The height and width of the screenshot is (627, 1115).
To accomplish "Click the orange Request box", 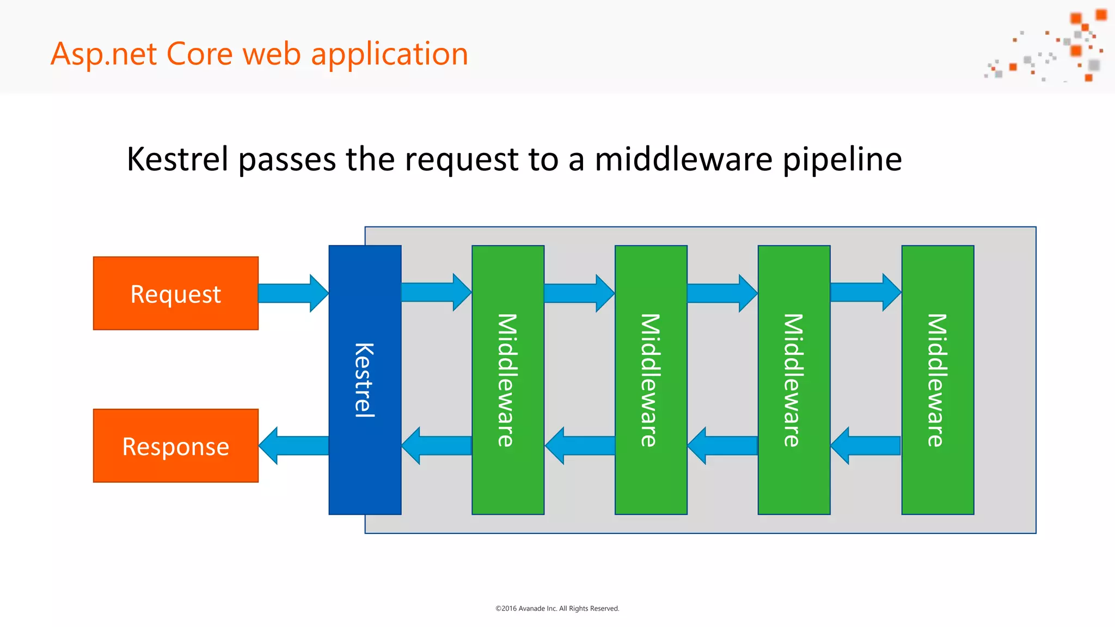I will tap(175, 293).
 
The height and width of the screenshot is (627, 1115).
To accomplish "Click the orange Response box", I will tap(175, 446).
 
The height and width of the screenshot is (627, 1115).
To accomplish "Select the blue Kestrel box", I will tap(365, 380).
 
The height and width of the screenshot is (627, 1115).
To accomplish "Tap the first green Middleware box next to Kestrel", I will tap(507, 380).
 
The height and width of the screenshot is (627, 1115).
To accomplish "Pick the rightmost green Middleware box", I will tap(937, 380).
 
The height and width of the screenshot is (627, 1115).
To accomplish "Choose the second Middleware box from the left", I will tap(651, 380).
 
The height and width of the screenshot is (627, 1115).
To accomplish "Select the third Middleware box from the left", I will tap(794, 380).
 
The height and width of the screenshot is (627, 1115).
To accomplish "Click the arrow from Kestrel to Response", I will tap(294, 446).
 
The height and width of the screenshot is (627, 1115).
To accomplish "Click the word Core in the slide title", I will tap(199, 54).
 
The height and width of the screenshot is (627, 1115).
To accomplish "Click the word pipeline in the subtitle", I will tap(842, 159).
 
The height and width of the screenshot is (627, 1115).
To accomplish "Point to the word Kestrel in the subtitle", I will tap(177, 159).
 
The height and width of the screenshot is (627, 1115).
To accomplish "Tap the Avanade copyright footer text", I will tap(557, 608).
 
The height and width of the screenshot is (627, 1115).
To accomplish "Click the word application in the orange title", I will tap(389, 54).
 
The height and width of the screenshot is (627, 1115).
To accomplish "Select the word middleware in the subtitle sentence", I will tap(683, 159).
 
